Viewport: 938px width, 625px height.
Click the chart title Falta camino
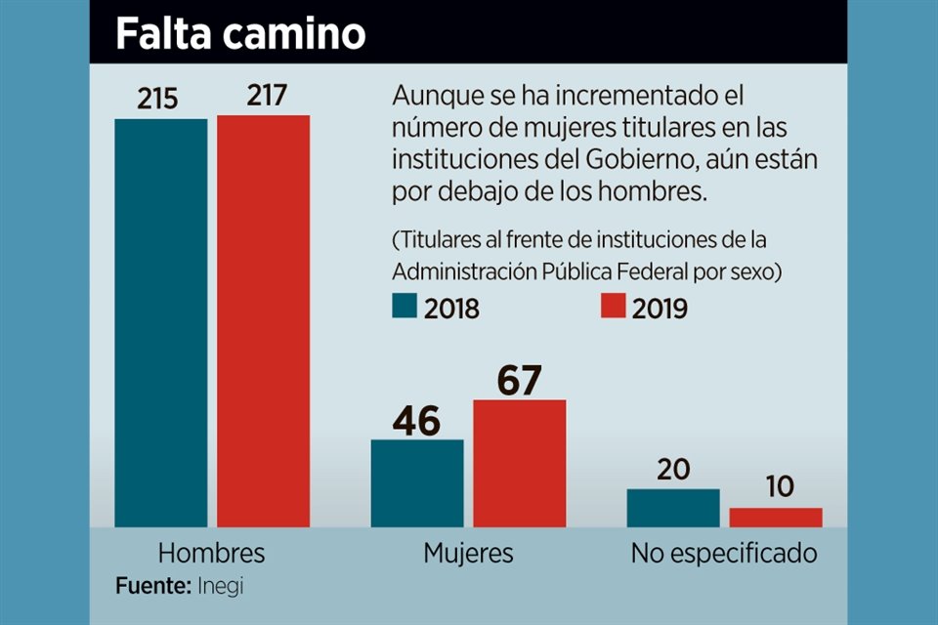click(240, 34)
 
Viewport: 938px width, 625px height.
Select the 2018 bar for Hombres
click(160, 322)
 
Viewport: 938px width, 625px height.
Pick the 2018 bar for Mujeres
click(417, 482)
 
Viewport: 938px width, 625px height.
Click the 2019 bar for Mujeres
click(520, 463)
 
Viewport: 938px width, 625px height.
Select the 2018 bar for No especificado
click(673, 508)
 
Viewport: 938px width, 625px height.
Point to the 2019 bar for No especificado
click(776, 517)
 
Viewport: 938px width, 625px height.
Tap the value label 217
click(263, 96)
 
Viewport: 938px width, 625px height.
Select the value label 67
click(519, 380)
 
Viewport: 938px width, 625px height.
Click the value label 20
click(673, 471)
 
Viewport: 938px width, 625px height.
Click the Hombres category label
click(211, 554)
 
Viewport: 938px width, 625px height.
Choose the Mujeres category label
click(468, 554)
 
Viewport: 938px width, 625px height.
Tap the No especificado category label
click(724, 554)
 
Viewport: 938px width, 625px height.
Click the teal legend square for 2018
click(405, 307)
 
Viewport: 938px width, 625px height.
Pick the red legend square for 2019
click(612, 307)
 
